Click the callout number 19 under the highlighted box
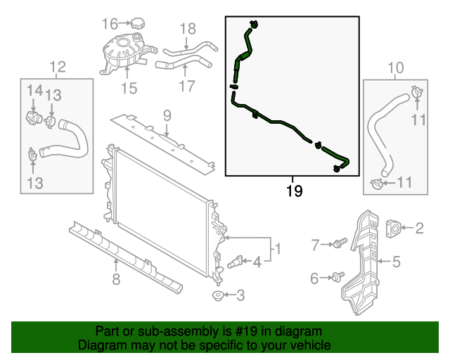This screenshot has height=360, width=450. [x=295, y=191]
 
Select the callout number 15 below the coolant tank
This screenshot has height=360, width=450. [x=129, y=88]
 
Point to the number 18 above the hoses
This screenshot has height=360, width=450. [x=187, y=29]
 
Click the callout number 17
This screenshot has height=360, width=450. [x=186, y=87]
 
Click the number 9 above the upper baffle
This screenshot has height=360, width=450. [x=167, y=115]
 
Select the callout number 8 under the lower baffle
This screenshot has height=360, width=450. [x=117, y=281]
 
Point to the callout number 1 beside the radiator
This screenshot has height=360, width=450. [x=277, y=248]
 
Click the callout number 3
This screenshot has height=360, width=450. [x=240, y=296]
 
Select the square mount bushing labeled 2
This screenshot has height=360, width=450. [x=395, y=227]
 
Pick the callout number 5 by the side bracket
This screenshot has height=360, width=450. [x=396, y=262]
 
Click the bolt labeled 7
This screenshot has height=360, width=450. [x=341, y=245]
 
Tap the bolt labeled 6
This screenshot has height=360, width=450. [x=340, y=278]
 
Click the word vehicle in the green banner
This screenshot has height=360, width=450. [x=308, y=345]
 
